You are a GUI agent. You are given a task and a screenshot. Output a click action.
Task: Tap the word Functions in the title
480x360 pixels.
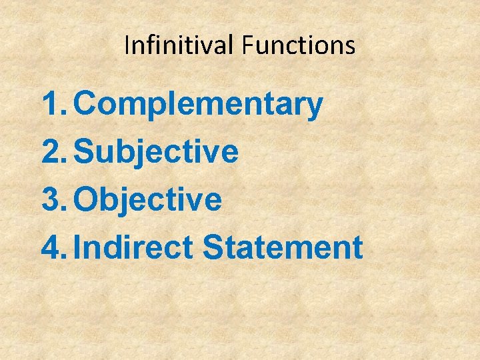click(299, 45)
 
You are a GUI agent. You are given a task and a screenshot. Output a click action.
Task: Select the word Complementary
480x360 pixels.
click(198, 105)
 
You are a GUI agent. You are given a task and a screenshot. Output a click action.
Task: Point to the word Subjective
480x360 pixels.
click(155, 152)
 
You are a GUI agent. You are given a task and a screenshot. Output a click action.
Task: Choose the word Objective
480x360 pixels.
click(147, 199)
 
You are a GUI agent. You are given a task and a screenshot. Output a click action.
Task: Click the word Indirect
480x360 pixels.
click(133, 247)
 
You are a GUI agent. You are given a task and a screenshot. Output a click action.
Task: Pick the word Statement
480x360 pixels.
click(282, 247)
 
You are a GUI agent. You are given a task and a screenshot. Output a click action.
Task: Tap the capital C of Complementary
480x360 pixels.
click(85, 105)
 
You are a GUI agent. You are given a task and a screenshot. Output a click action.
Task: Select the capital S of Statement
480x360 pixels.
click(213, 247)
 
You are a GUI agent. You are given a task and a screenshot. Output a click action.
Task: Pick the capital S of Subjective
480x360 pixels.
click(85, 152)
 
